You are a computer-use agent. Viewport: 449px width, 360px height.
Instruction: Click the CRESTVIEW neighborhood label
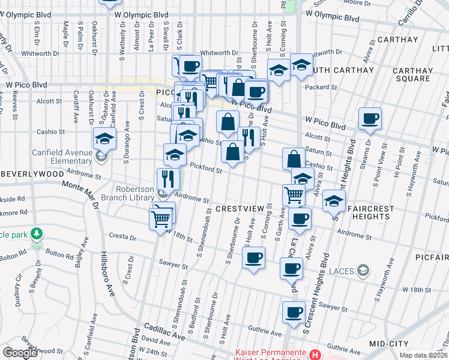coord(240,208)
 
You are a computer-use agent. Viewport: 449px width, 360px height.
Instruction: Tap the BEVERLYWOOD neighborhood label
coord(32,173)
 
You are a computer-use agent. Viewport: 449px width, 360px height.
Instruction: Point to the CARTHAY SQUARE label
coord(412,74)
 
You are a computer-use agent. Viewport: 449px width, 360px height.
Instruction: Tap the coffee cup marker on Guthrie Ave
coord(294,312)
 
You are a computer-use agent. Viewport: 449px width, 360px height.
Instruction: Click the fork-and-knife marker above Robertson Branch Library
coord(167,178)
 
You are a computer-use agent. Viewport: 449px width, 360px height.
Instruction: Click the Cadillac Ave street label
coord(163,333)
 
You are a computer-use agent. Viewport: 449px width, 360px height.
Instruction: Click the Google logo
coord(20,352)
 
